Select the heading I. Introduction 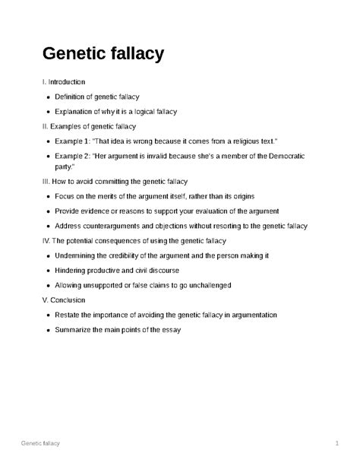[64, 81]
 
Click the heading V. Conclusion [64, 300]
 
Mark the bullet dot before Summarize [48, 330]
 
